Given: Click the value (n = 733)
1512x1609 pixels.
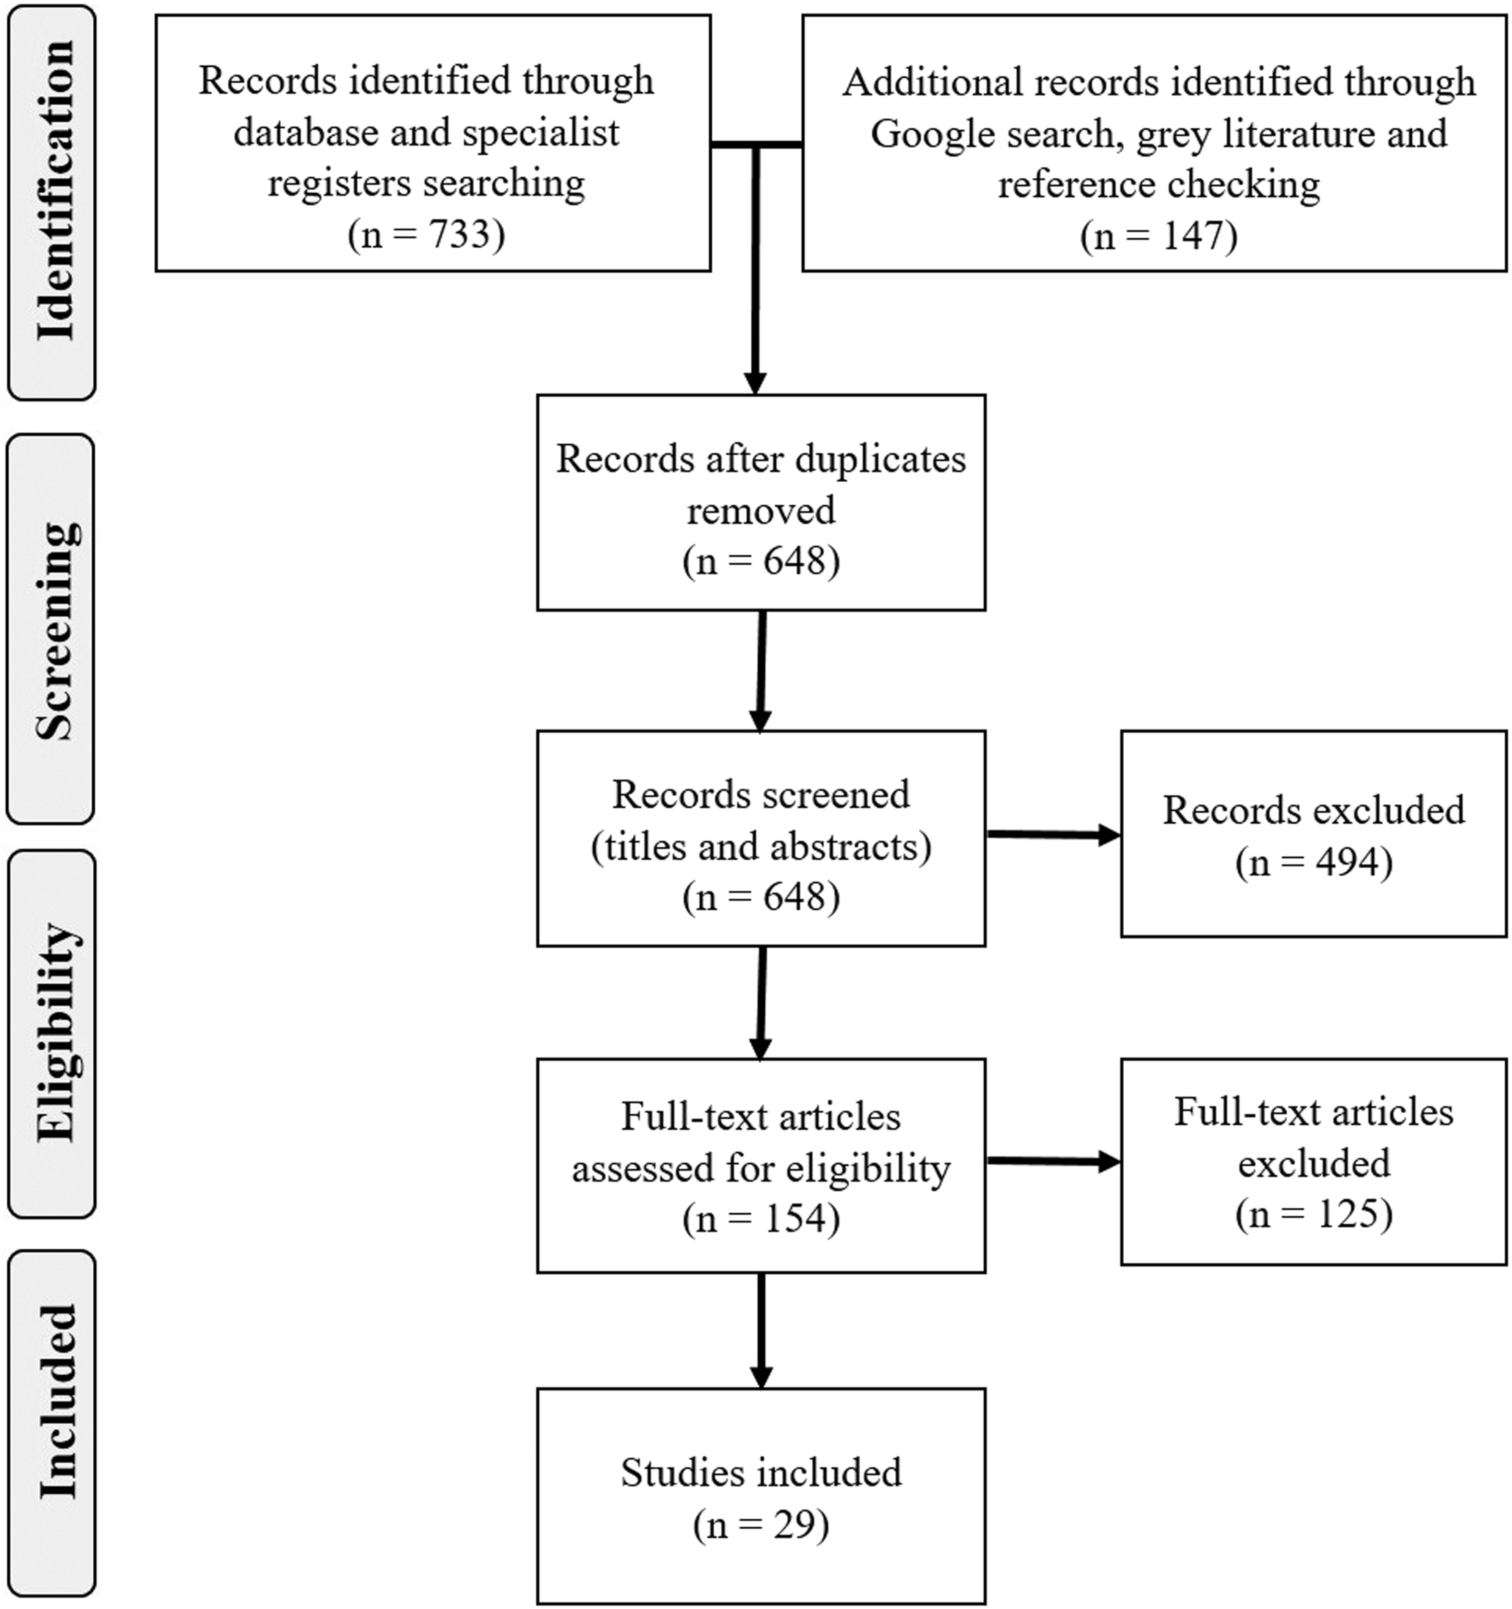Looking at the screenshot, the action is pyautogui.click(x=427, y=234).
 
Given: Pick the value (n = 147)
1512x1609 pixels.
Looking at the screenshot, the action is pyautogui.click(x=1159, y=235).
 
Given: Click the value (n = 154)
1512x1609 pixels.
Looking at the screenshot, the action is pyautogui.click(x=761, y=1219).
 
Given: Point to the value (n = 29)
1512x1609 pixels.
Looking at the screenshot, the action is pyautogui.click(x=761, y=1525).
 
